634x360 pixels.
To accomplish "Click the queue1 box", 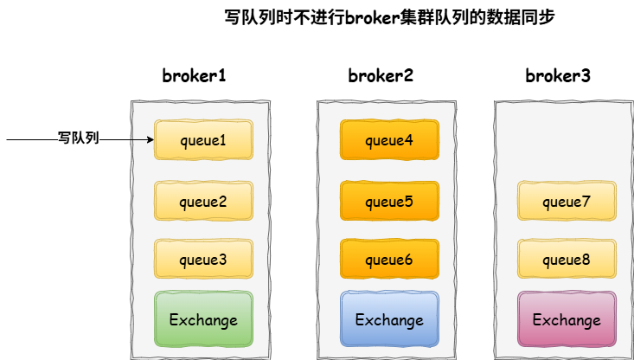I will pos(203,139).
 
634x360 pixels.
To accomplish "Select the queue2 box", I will pos(203,201).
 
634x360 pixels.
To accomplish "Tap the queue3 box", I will pos(203,259).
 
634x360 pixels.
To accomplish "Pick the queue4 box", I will pos(389,139).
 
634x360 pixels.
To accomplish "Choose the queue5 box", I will pos(389,201).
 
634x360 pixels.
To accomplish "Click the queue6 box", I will pos(389,259).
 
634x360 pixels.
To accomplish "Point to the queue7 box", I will pos(567,201).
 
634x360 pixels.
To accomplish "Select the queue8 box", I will pos(567,259).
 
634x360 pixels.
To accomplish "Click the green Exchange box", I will pos(203,319).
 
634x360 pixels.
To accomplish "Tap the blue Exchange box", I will pos(389,319).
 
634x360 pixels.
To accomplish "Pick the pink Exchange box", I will pos(567,319).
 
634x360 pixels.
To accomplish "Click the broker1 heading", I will pos(195,75).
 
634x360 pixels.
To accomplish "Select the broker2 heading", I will pos(381,75).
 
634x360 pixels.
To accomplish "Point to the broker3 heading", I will pos(558,75).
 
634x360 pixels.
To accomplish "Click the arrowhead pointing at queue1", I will pos(150,139).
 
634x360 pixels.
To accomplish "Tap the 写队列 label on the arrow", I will pos(79,138).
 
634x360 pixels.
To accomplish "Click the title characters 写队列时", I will pos(253,16).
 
